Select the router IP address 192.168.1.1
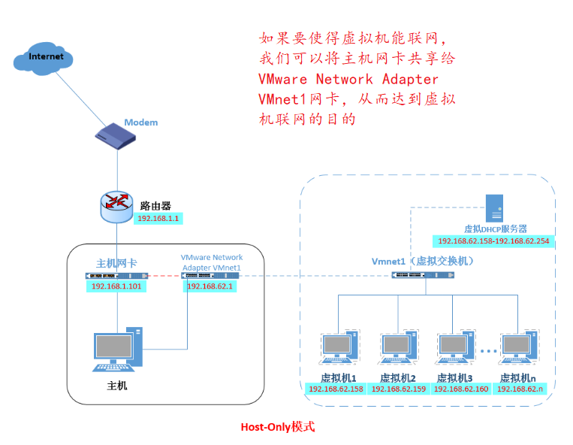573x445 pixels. [x=158, y=219]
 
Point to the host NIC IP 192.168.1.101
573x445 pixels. [x=116, y=287]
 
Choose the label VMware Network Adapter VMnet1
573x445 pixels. [x=212, y=262]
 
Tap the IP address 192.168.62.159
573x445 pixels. [x=398, y=389]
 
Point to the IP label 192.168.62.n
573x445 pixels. [x=523, y=389]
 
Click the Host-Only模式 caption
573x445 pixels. [x=278, y=427]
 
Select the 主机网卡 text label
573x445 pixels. [x=116, y=263]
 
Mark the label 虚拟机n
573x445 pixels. [x=521, y=377]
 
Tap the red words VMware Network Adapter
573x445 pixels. [x=348, y=79]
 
